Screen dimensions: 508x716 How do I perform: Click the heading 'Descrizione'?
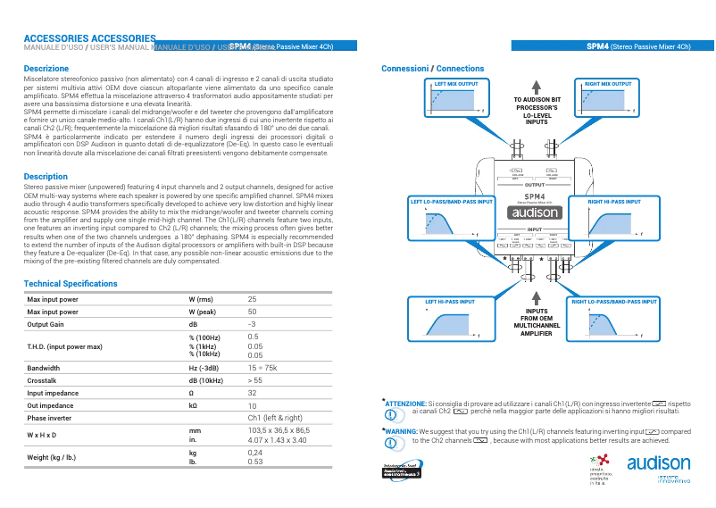pyautogui.click(x=46, y=69)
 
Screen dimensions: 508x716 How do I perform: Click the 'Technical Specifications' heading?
pyautogui.click(x=71, y=284)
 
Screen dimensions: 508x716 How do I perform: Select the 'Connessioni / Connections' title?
pyautogui.click(x=432, y=69)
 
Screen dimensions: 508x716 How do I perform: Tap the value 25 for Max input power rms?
pyautogui.click(x=252, y=299)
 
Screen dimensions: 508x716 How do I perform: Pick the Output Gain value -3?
pyautogui.click(x=252, y=324)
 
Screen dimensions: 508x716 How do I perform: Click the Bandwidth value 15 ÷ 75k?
pyautogui.click(x=262, y=368)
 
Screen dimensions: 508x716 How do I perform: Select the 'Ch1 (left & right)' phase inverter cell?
pyautogui.click(x=274, y=418)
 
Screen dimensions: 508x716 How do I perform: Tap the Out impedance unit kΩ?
pyautogui.click(x=194, y=405)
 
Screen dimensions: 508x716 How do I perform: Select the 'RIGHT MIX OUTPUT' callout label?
pyautogui.click(x=608, y=84)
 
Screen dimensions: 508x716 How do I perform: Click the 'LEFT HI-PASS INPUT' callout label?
pyautogui.click(x=450, y=302)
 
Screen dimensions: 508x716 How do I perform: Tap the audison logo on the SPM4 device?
pyautogui.click(x=535, y=212)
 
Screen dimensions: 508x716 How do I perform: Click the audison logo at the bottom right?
pyautogui.click(x=658, y=463)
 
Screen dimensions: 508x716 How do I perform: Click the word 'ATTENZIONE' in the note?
pyautogui.click(x=404, y=404)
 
